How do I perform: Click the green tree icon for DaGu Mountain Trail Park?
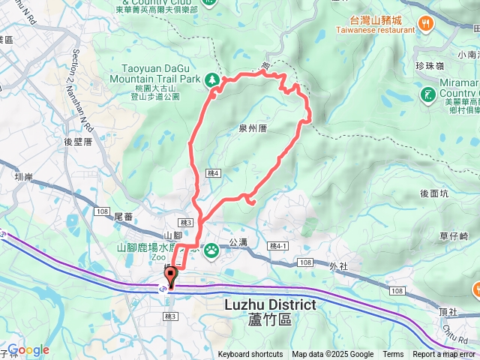click(x=213, y=79)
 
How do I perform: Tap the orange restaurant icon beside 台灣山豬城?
click(x=426, y=23)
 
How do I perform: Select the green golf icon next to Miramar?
click(x=427, y=94)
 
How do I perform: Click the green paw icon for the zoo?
click(x=213, y=249)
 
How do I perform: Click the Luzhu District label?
click(x=270, y=305)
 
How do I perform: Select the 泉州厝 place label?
click(x=252, y=129)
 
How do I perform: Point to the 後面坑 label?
click(x=434, y=193)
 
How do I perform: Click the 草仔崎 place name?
click(x=454, y=235)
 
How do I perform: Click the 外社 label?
click(x=339, y=265)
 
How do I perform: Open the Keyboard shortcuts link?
click(x=250, y=355)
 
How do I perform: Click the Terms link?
click(x=393, y=355)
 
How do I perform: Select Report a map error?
click(x=445, y=355)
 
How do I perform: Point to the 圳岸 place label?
click(x=25, y=178)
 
